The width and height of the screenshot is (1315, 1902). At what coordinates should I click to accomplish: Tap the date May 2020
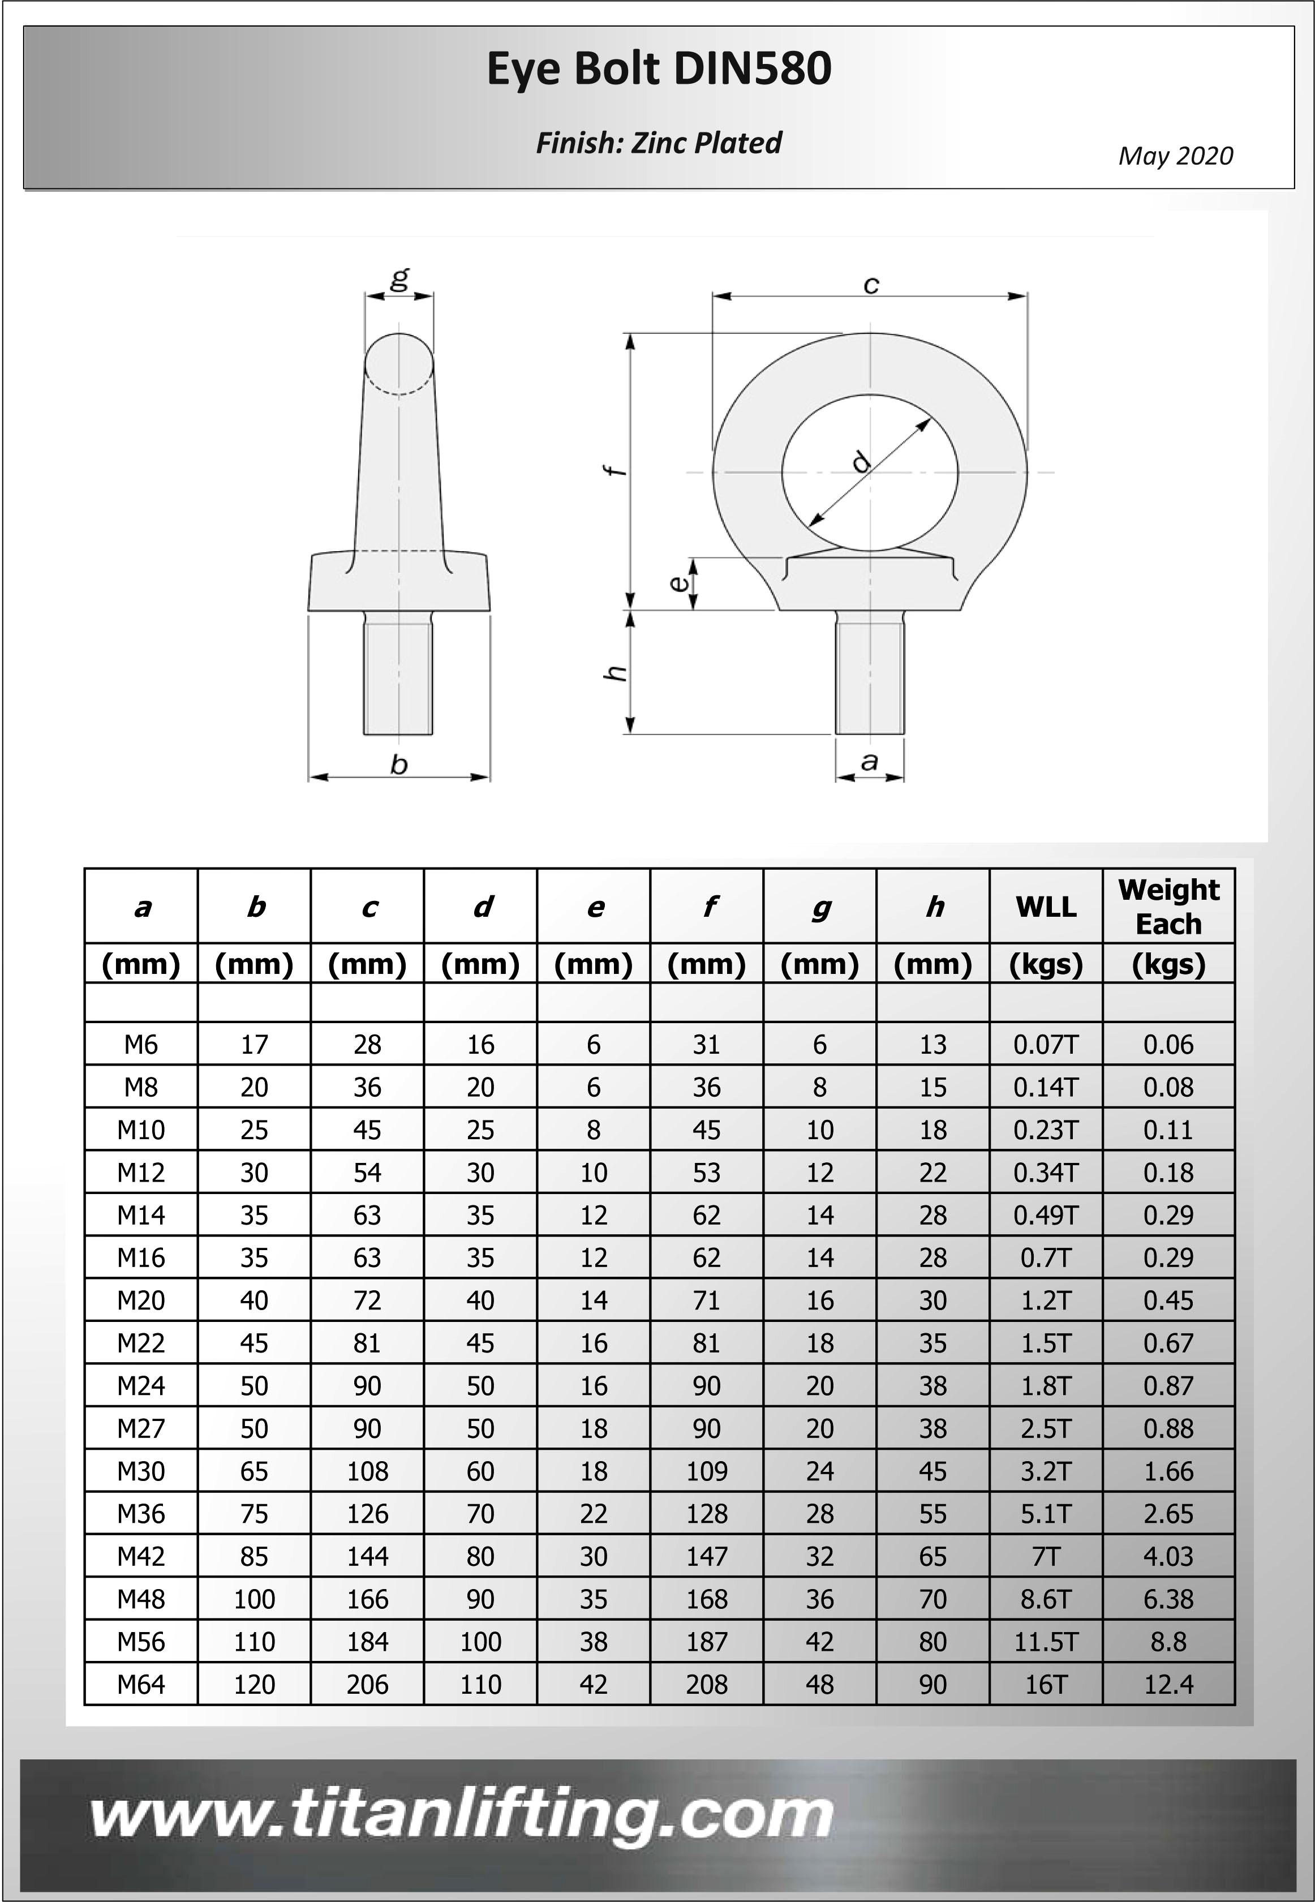[x=1175, y=156]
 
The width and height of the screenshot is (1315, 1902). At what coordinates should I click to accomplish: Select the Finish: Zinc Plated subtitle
[x=658, y=143]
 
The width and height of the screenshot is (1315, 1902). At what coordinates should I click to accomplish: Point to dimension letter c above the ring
[x=871, y=285]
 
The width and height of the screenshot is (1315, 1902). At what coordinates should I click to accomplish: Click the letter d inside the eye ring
[x=861, y=461]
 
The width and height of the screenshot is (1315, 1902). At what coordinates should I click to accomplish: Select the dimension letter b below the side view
[x=399, y=765]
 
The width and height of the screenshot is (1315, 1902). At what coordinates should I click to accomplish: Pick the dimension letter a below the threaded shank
[x=869, y=762]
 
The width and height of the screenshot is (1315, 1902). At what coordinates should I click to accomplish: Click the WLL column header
[x=1046, y=907]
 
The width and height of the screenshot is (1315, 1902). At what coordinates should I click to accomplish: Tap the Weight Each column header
[x=1168, y=907]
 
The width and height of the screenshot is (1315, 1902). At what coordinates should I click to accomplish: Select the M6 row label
[x=141, y=1045]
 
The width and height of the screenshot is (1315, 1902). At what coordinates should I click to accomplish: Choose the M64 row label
[x=141, y=1685]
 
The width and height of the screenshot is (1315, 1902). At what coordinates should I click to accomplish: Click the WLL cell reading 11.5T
[x=1046, y=1642]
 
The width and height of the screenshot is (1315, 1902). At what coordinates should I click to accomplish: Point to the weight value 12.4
[x=1168, y=1685]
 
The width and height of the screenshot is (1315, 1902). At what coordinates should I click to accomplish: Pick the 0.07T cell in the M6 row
[x=1046, y=1045]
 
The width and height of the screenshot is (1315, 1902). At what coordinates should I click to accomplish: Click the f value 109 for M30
[x=707, y=1471]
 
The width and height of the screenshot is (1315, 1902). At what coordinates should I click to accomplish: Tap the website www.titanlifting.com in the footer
[x=461, y=1815]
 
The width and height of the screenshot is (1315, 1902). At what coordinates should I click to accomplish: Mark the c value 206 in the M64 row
[x=367, y=1685]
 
